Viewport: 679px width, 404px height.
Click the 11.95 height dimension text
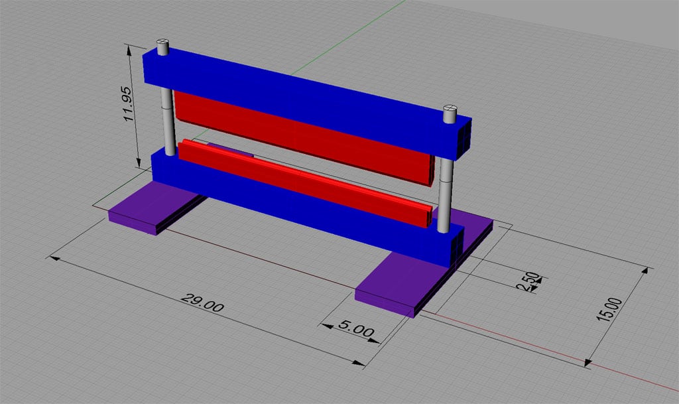[130, 103]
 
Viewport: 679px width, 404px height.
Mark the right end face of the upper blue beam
[465, 138]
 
